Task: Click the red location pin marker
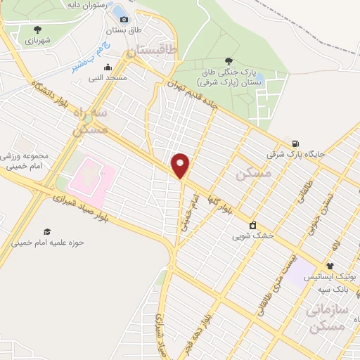(x=181, y=165)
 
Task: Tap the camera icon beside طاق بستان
(x=124, y=19)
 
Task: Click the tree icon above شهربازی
(x=37, y=30)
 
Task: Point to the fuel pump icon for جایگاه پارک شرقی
(x=294, y=143)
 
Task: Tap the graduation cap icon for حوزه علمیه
(x=47, y=231)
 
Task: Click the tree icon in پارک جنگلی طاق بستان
(x=227, y=61)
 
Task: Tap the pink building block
(x=91, y=177)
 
